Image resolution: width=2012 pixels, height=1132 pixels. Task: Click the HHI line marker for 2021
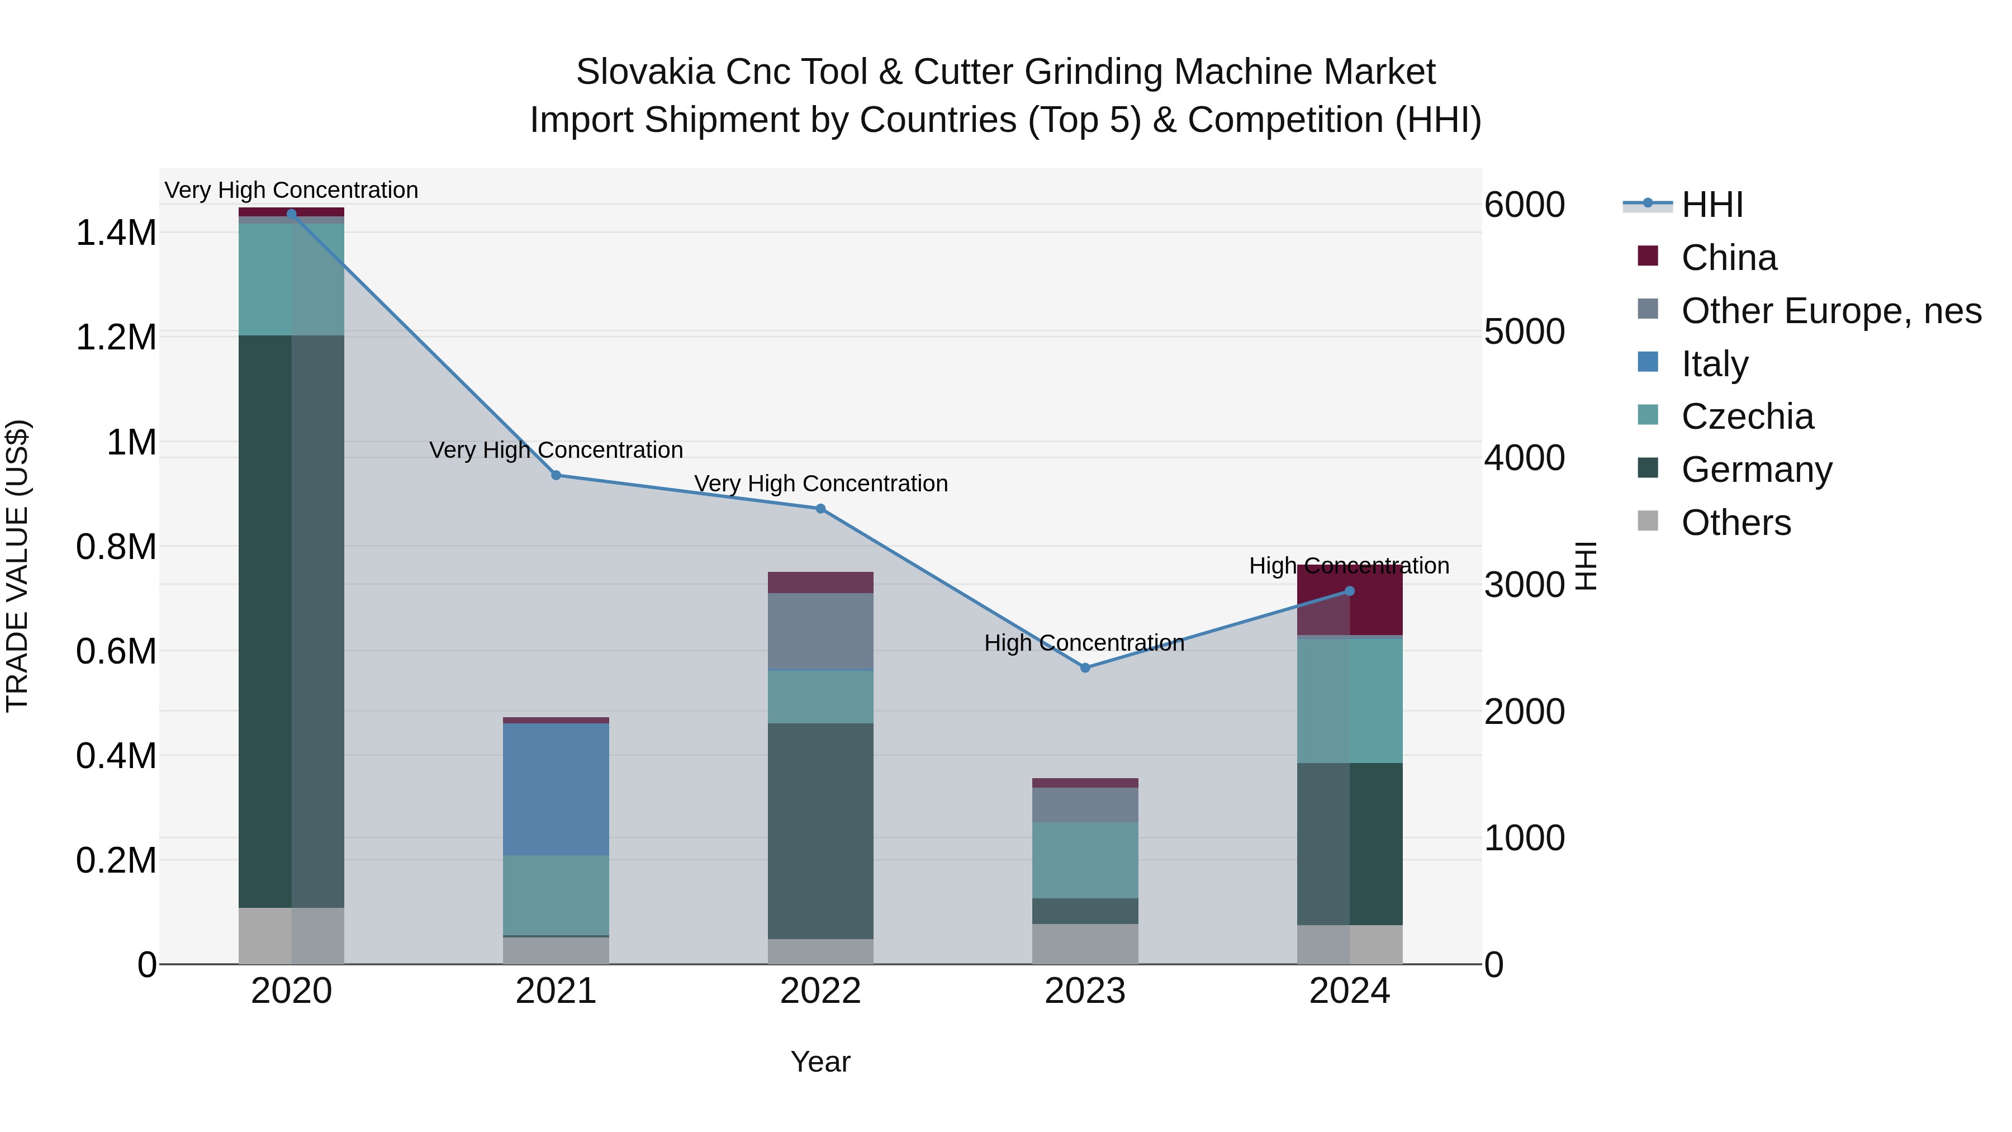tap(556, 475)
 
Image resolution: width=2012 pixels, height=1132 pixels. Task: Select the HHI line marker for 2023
tap(1085, 668)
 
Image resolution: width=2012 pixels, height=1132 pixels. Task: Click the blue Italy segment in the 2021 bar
tap(556, 789)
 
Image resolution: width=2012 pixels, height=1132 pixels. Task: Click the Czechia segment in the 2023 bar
tap(1085, 859)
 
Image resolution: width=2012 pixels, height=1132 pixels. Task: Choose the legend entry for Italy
tap(1715, 364)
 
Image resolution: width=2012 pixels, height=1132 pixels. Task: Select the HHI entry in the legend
tap(1712, 205)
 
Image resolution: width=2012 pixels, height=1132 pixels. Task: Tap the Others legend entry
tap(1735, 523)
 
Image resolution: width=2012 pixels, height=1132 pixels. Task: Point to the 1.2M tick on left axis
tap(116, 338)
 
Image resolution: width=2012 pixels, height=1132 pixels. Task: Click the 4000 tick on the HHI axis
tap(1524, 458)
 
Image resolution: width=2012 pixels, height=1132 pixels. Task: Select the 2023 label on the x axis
tap(1085, 991)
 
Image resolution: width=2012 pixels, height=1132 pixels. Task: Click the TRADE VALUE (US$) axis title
tap(17, 566)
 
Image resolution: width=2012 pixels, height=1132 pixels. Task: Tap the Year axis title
tap(820, 1062)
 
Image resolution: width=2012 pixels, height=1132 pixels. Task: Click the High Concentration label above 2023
tap(1084, 643)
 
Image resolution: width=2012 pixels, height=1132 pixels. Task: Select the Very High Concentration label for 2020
tap(291, 190)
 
